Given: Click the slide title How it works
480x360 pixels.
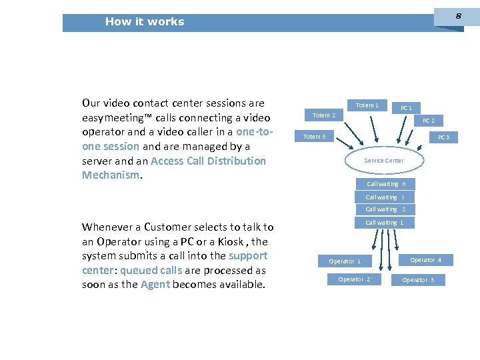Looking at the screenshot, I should (144, 22).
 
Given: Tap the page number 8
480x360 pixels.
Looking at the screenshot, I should (457, 15).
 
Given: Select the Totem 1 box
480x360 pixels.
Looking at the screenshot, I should (367, 105).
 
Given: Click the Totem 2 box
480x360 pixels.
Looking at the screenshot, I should (324, 115).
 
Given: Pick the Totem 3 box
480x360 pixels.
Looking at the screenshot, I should (315, 137).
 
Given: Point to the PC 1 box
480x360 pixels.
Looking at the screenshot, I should (406, 108).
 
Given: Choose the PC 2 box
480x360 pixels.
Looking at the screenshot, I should (429, 121).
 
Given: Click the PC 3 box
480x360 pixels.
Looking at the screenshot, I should (443, 137).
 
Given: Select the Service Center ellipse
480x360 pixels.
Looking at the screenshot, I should (383, 161).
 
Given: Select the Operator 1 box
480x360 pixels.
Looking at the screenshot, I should (345, 261).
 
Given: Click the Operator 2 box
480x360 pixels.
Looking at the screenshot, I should (354, 279).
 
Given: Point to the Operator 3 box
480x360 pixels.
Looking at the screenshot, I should (418, 280).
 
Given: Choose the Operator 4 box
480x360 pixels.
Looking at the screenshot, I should (425, 260).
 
